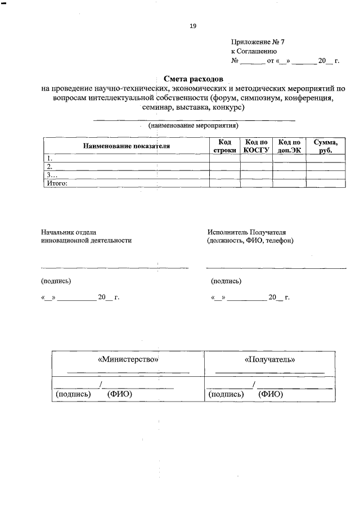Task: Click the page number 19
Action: (193, 26)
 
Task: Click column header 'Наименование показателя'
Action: (127, 146)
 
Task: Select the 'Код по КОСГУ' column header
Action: (256, 147)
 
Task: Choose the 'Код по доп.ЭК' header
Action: (289, 147)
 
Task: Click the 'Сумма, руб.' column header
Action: (326, 147)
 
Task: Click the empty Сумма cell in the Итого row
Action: (326, 183)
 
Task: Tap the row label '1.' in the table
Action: (49, 158)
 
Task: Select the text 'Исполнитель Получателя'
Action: (246, 231)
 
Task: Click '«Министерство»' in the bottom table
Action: (128, 359)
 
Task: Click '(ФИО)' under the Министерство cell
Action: (119, 394)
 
